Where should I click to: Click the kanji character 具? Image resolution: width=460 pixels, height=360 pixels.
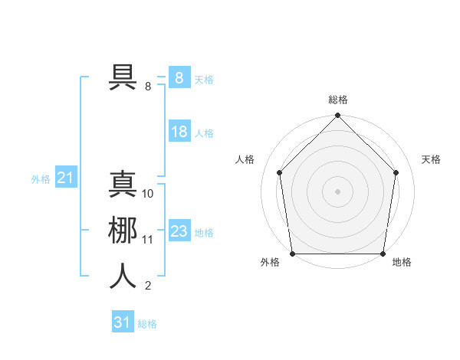123,77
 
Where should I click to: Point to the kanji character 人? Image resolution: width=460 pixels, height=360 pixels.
123,276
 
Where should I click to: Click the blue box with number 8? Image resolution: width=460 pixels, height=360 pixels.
179,78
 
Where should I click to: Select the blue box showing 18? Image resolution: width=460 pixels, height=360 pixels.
179,132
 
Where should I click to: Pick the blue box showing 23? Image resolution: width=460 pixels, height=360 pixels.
179,231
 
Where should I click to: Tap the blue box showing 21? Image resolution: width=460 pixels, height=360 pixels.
65,178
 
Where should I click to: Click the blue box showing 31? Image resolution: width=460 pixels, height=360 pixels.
122,322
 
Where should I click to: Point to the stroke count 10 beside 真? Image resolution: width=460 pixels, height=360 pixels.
148,194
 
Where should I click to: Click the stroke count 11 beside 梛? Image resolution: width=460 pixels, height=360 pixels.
148,240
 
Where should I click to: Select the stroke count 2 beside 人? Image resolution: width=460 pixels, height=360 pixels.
148,286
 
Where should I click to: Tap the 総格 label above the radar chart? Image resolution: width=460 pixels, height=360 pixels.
338,100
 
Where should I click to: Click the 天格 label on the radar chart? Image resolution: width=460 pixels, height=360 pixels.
432,159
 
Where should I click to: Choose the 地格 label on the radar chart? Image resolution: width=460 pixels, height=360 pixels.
402,262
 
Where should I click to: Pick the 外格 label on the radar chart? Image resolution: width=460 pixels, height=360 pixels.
270,262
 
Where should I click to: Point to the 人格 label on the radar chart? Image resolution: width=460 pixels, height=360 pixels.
245,159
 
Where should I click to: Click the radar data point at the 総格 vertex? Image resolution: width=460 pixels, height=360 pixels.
338,117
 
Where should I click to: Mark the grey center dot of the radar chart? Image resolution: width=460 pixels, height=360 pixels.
338,191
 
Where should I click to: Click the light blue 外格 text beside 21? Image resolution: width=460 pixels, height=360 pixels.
41,179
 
